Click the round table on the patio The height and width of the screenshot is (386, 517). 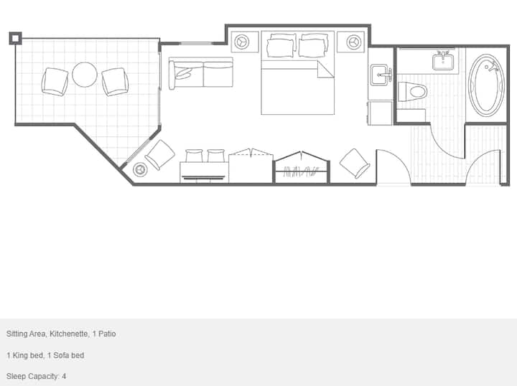pos(85,75)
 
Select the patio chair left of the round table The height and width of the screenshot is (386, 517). pos(55,82)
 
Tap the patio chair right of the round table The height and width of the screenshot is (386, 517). pos(115,82)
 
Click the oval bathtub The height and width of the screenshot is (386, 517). pos(487,85)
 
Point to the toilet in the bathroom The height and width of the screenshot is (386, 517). pos(412,92)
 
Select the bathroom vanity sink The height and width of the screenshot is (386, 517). pos(443,61)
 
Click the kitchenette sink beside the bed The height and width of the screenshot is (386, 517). pos(381,75)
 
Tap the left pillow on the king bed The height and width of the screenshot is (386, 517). pos(281,47)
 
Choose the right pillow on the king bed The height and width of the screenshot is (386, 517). pos(314,47)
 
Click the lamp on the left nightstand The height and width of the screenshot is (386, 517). pos(242,42)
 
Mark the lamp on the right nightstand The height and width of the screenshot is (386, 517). pos(354,42)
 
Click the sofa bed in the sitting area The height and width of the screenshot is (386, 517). pos(201,73)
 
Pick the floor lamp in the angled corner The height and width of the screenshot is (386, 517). pos(140,169)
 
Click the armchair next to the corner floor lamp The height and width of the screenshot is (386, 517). pos(160,155)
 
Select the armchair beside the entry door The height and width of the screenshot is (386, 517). pos(355,164)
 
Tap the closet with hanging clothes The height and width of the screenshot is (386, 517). pos(301,168)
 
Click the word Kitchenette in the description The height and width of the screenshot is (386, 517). pos(69,334)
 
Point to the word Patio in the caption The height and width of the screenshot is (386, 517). pos(107,334)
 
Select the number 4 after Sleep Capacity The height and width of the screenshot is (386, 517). pos(64,376)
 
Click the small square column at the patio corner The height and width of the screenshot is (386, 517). pos(15,38)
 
